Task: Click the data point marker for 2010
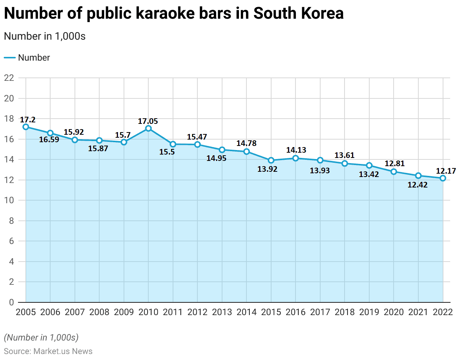point(148,128)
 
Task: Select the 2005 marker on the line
point(26,127)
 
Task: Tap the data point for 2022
point(443,178)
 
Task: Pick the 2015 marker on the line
point(271,160)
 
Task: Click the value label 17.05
point(148,121)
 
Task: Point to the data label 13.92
point(267,169)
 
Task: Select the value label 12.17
point(446,171)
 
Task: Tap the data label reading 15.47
point(197,137)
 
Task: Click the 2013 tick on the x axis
point(222,312)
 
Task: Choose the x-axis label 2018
point(345,312)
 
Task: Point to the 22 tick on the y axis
point(9,78)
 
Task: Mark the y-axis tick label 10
point(9,200)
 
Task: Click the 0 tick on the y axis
point(11,302)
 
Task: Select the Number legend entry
point(34,58)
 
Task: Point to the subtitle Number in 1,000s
point(45,36)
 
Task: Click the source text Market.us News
point(63,351)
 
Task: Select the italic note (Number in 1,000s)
point(41,338)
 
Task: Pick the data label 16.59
point(49,140)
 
